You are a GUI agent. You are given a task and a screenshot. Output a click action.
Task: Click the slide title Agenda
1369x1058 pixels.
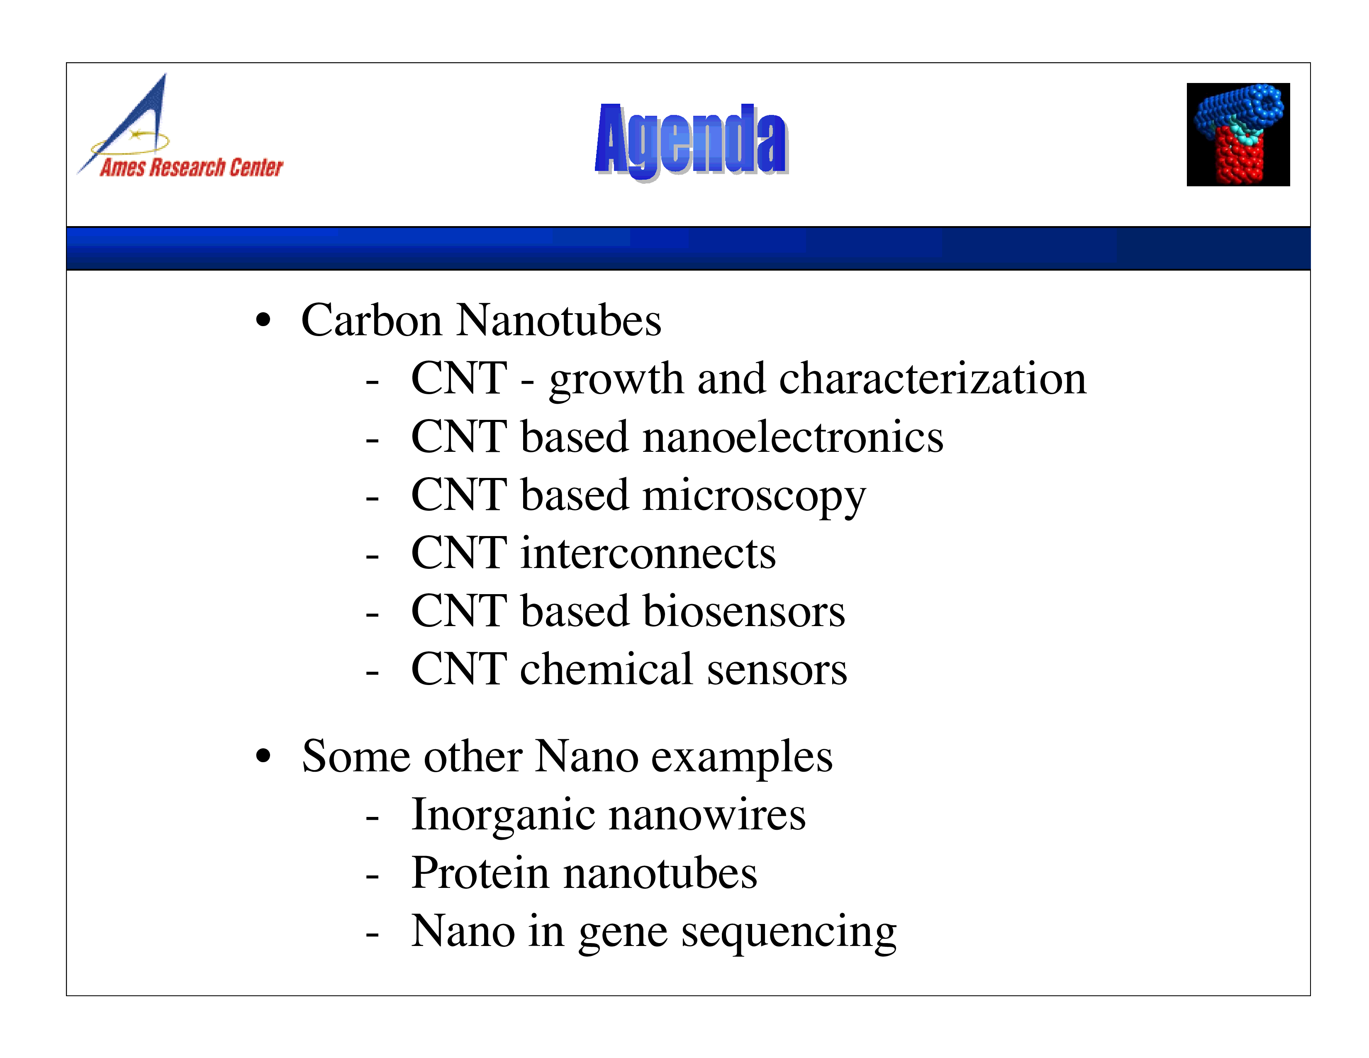pos(692,140)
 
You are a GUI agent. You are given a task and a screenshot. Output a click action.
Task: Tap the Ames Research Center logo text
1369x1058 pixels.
pos(191,167)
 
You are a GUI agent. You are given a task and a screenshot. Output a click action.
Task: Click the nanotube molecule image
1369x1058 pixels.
pos(1238,134)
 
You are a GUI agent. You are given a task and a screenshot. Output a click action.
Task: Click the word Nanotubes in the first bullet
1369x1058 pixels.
pos(558,320)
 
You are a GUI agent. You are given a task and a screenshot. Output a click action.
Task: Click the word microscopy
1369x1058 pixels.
pos(754,496)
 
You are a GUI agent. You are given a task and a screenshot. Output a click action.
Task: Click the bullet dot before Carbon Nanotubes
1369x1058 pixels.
pos(264,320)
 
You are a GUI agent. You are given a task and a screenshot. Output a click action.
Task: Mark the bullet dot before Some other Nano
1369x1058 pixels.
pos(264,756)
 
